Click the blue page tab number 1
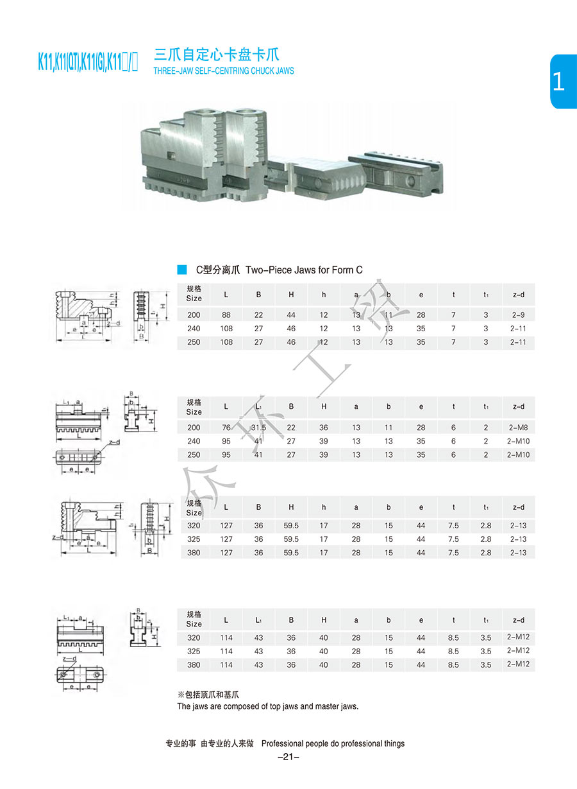pos(558,82)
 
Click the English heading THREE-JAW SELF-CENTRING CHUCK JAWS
pos(224,71)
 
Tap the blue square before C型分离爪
pos(182,270)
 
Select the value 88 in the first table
pos(226,315)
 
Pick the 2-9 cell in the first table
pos(518,315)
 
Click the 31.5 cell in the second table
pos(258,428)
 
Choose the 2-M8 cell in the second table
pos(518,428)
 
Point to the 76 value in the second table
pos(226,428)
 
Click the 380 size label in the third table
pos(194,553)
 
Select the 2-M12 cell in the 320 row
pos(518,637)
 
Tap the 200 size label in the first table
pos(194,315)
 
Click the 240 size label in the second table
pos(194,441)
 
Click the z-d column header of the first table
pos(518,295)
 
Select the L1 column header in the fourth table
pos(258,620)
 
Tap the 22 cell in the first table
pos(258,315)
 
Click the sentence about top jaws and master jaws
pos(267,706)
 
